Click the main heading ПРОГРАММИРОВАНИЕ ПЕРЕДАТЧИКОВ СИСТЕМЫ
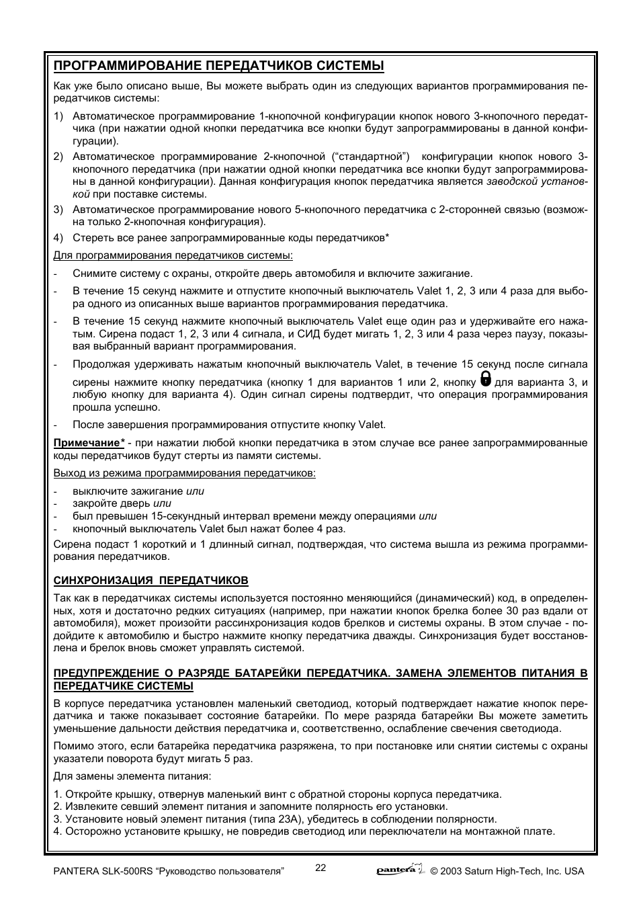pos(219,66)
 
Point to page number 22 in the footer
pos(320,867)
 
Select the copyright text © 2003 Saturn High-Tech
pos(507,871)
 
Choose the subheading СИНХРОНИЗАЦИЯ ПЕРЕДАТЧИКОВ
pos(151,580)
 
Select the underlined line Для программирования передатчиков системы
pos(173,255)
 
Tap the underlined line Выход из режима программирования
pos(184,473)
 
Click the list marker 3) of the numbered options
pos(58,210)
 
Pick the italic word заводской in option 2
pos(509,181)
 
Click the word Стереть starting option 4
pos(91,238)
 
